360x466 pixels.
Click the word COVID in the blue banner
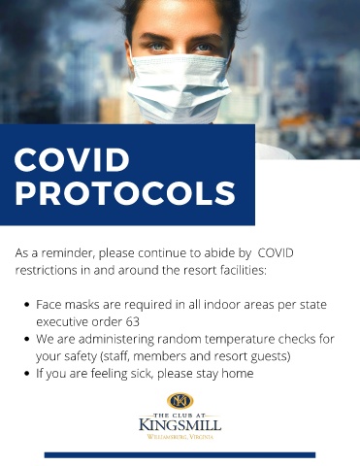[x=72, y=160]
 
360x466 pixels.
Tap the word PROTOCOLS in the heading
[x=125, y=193]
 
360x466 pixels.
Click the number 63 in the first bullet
[x=133, y=322]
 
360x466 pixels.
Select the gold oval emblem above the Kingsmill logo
[x=180, y=401]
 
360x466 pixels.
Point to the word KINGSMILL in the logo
[x=180, y=424]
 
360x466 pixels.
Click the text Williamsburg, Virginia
[x=180, y=437]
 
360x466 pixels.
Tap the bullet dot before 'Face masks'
[x=27, y=305]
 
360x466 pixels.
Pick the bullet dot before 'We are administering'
[x=27, y=340]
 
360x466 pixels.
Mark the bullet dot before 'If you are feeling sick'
[x=27, y=374]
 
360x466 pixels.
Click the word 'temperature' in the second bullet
[x=240, y=340]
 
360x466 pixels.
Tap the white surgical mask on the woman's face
[x=179, y=87]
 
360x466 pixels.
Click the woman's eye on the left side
[x=157, y=47]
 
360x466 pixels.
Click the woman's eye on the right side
[x=204, y=48]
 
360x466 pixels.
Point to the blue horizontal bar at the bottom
[x=180, y=455]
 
